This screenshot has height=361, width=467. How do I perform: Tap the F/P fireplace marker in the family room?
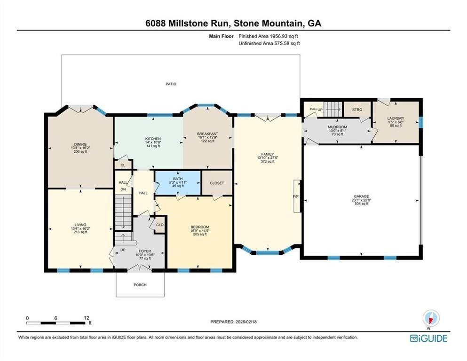(296, 196)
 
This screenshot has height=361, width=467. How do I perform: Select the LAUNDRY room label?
(396, 118)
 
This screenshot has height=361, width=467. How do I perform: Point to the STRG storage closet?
(357, 110)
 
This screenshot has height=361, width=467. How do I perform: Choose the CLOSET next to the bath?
(217, 183)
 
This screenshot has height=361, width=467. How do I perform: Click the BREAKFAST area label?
(207, 134)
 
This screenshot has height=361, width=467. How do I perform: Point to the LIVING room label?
(80, 225)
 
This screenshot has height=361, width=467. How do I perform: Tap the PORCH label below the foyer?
(140, 285)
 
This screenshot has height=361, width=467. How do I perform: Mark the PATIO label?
(171, 84)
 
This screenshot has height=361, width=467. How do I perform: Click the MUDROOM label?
(337, 127)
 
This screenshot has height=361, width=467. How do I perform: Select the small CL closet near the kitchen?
(123, 165)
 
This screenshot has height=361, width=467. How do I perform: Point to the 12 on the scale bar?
(86, 318)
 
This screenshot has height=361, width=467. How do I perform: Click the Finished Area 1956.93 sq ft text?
(269, 36)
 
